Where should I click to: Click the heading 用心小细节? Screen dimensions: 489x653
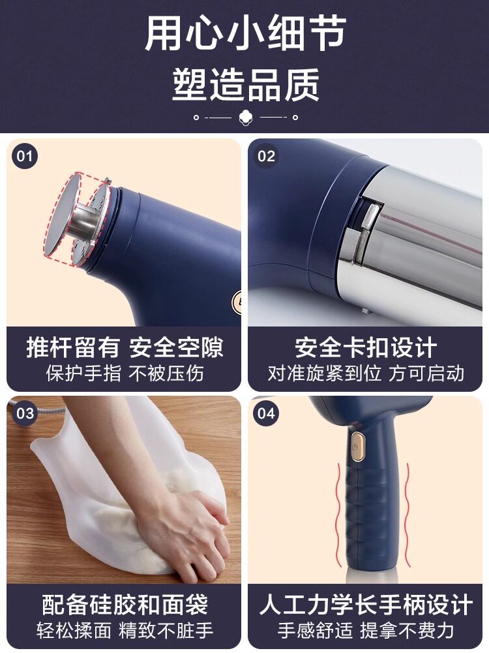pos(245,34)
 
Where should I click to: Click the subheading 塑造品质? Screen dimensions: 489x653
pos(246,85)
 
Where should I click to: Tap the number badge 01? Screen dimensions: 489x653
pos(25,156)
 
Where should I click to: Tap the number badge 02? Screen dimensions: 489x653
pos(266,156)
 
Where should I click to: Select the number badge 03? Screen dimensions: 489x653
pos(25,413)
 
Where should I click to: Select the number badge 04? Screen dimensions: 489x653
pos(266,413)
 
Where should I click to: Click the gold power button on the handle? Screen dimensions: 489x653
pos(357,447)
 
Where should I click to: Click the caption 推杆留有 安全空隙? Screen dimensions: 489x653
pos(125,347)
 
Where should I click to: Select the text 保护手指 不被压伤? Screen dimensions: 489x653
pos(125,374)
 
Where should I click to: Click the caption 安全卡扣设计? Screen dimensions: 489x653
pos(366,347)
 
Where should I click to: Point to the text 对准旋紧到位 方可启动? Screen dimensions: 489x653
pos(366,374)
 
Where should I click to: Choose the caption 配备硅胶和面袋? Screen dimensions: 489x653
pos(125,605)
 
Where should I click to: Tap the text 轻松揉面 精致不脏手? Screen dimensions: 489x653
pos(125,631)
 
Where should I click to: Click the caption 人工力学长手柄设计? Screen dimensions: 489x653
pos(366,605)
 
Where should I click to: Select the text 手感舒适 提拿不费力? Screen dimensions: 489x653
pos(366,631)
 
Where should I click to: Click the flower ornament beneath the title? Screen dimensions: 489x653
pos(246,118)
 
